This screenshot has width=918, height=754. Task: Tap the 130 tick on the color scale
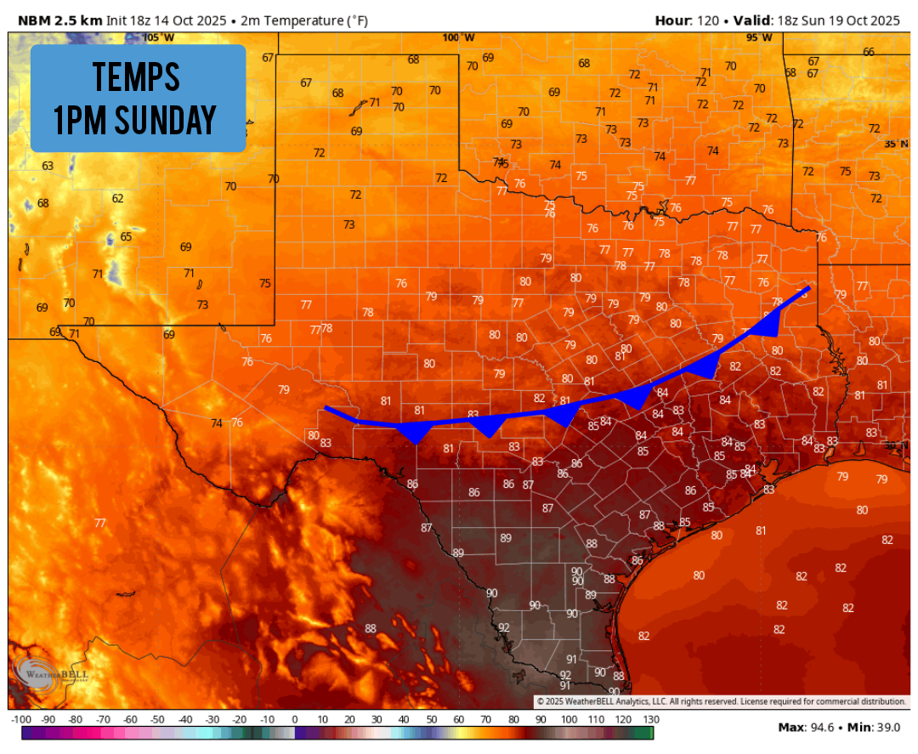point(652,719)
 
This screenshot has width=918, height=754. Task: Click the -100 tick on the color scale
point(22,719)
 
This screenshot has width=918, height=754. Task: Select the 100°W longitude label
point(458,37)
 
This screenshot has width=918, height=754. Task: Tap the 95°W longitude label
point(759,37)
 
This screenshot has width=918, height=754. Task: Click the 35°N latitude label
point(895,145)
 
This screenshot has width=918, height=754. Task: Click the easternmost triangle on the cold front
point(768,325)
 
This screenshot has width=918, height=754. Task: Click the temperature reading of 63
point(48,166)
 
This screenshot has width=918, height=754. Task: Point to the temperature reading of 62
point(118,199)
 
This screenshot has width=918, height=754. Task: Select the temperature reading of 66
point(868,52)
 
